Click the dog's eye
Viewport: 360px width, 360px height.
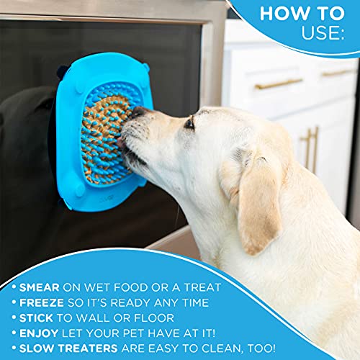[189, 124]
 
